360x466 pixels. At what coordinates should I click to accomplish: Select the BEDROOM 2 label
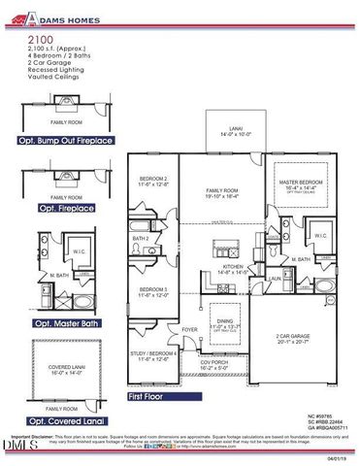(x=154, y=181)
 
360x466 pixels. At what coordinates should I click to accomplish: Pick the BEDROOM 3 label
(x=154, y=290)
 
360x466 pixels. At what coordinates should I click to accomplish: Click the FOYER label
(x=189, y=329)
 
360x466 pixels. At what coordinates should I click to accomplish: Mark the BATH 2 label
(x=142, y=238)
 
